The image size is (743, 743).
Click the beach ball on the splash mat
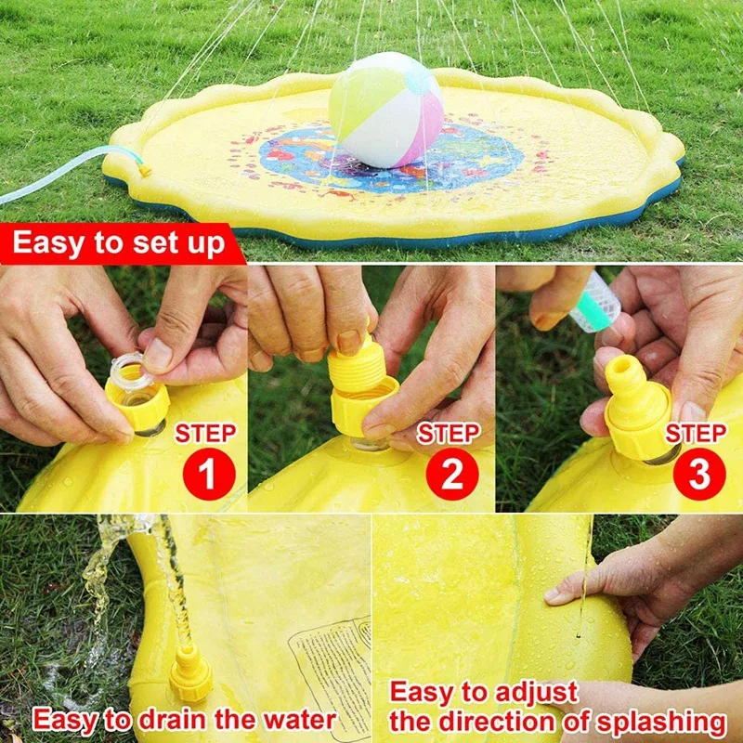[385, 110]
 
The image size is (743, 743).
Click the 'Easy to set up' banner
[118, 244]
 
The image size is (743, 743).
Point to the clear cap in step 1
[130, 371]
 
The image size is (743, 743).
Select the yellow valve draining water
[190, 674]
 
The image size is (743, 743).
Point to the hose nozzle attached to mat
[143, 170]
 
